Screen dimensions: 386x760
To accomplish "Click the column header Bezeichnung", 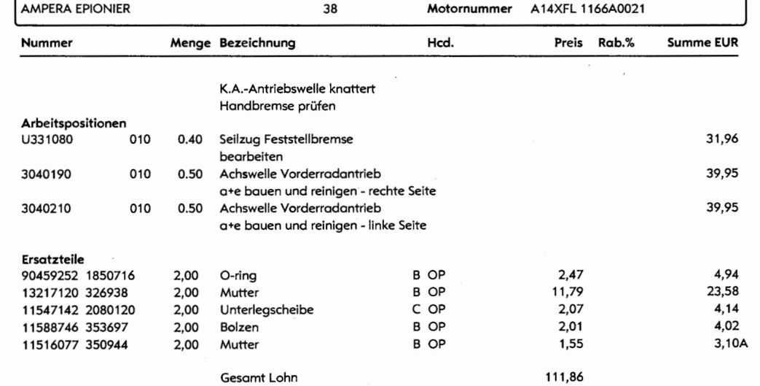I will [256, 44].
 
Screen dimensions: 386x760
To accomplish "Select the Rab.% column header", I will [616, 44].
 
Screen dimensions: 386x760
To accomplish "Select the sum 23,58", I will [718, 290].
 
